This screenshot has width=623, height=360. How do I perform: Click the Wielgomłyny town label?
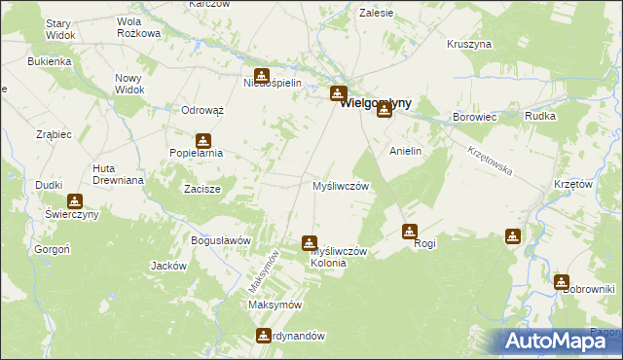pyautogui.click(x=375, y=102)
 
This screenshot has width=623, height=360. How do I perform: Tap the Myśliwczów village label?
pyautogui.click(x=339, y=185)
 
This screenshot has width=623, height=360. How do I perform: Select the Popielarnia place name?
pyautogui.click(x=197, y=153)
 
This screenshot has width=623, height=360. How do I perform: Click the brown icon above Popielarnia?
pyautogui.click(x=203, y=139)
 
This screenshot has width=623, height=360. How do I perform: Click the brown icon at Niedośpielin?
pyautogui.click(x=262, y=75)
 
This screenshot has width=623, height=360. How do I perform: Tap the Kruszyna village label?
pyautogui.click(x=469, y=45)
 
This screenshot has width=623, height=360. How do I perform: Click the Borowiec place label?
pyautogui.click(x=475, y=117)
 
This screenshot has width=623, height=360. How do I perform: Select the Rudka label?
pyautogui.click(x=539, y=117)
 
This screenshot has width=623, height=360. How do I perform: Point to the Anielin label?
pyautogui.click(x=406, y=152)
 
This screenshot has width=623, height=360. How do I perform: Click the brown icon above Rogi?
pyautogui.click(x=410, y=232)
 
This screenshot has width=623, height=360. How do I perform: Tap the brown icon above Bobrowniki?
pyautogui.click(x=562, y=282)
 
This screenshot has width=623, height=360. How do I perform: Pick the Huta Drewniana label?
pyautogui.click(x=118, y=174)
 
